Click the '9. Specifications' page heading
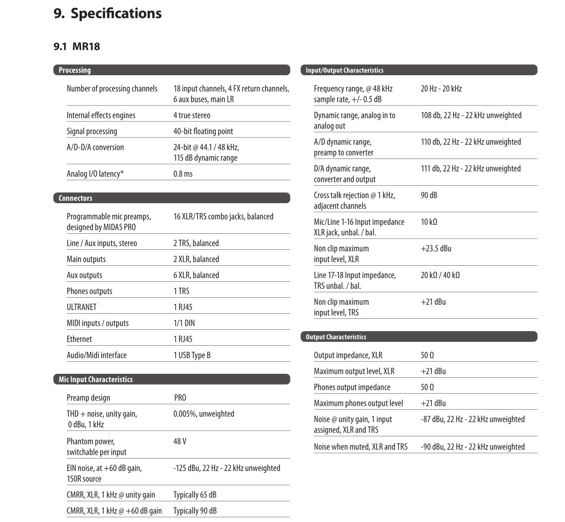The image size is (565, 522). click(x=108, y=14)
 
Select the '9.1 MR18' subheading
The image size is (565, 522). click(x=77, y=46)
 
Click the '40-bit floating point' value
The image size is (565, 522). click(x=203, y=131)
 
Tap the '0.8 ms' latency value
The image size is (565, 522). click(x=183, y=174)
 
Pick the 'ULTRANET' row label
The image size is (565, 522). click(x=81, y=307)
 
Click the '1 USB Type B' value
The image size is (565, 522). click(x=192, y=355)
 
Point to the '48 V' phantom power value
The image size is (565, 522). click(x=180, y=441)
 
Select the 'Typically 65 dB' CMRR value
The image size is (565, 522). click(x=195, y=495)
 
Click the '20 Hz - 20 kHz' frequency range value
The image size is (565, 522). click(x=441, y=88)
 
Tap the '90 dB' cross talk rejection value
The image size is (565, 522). click(x=429, y=195)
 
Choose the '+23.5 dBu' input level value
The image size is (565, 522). click(x=436, y=248)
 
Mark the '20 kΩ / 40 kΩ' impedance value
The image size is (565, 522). click(x=440, y=275)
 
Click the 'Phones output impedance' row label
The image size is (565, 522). click(x=352, y=387)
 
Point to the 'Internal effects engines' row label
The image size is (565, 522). click(x=101, y=115)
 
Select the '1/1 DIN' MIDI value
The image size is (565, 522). click(x=184, y=323)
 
